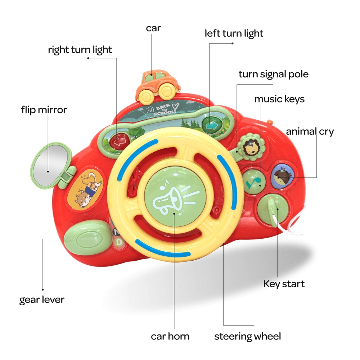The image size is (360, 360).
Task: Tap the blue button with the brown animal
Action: pos(282,175)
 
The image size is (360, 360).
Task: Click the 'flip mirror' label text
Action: pos(44,110)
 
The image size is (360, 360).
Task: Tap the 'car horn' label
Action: pos(170,337)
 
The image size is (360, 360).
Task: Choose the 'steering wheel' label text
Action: pos(248,337)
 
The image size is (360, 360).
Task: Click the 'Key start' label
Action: pos(284,284)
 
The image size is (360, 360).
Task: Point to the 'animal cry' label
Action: pos(310,131)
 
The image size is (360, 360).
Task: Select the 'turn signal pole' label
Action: pos(274,75)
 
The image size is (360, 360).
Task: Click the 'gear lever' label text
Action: pos(42,300)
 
